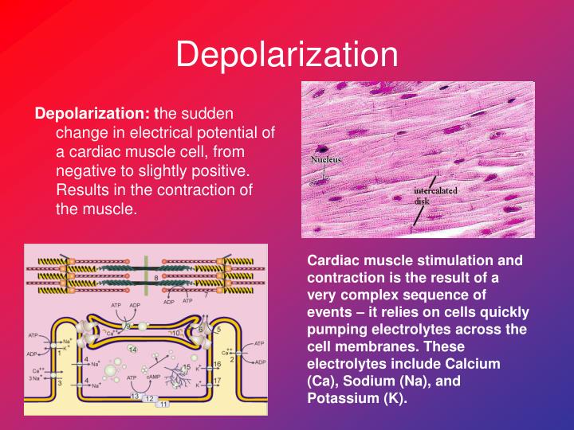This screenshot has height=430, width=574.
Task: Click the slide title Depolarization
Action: pyautogui.click(x=286, y=54)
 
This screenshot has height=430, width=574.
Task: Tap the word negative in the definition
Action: pyautogui.click(x=86, y=171)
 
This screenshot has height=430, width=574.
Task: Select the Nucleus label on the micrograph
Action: pyautogui.click(x=325, y=159)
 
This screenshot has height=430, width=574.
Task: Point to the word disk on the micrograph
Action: pyautogui.click(x=423, y=201)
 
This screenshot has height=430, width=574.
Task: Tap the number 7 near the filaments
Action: pyautogui.click(x=205, y=295)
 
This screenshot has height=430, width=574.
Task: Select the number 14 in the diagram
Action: pyautogui.click(x=133, y=349)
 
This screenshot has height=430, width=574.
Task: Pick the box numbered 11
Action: pyautogui.click(x=163, y=405)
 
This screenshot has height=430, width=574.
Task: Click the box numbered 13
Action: pyautogui.click(x=136, y=396)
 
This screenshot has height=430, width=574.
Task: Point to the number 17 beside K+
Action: pyautogui.click(x=216, y=381)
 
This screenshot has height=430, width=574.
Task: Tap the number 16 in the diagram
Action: pyautogui.click(x=216, y=364)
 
